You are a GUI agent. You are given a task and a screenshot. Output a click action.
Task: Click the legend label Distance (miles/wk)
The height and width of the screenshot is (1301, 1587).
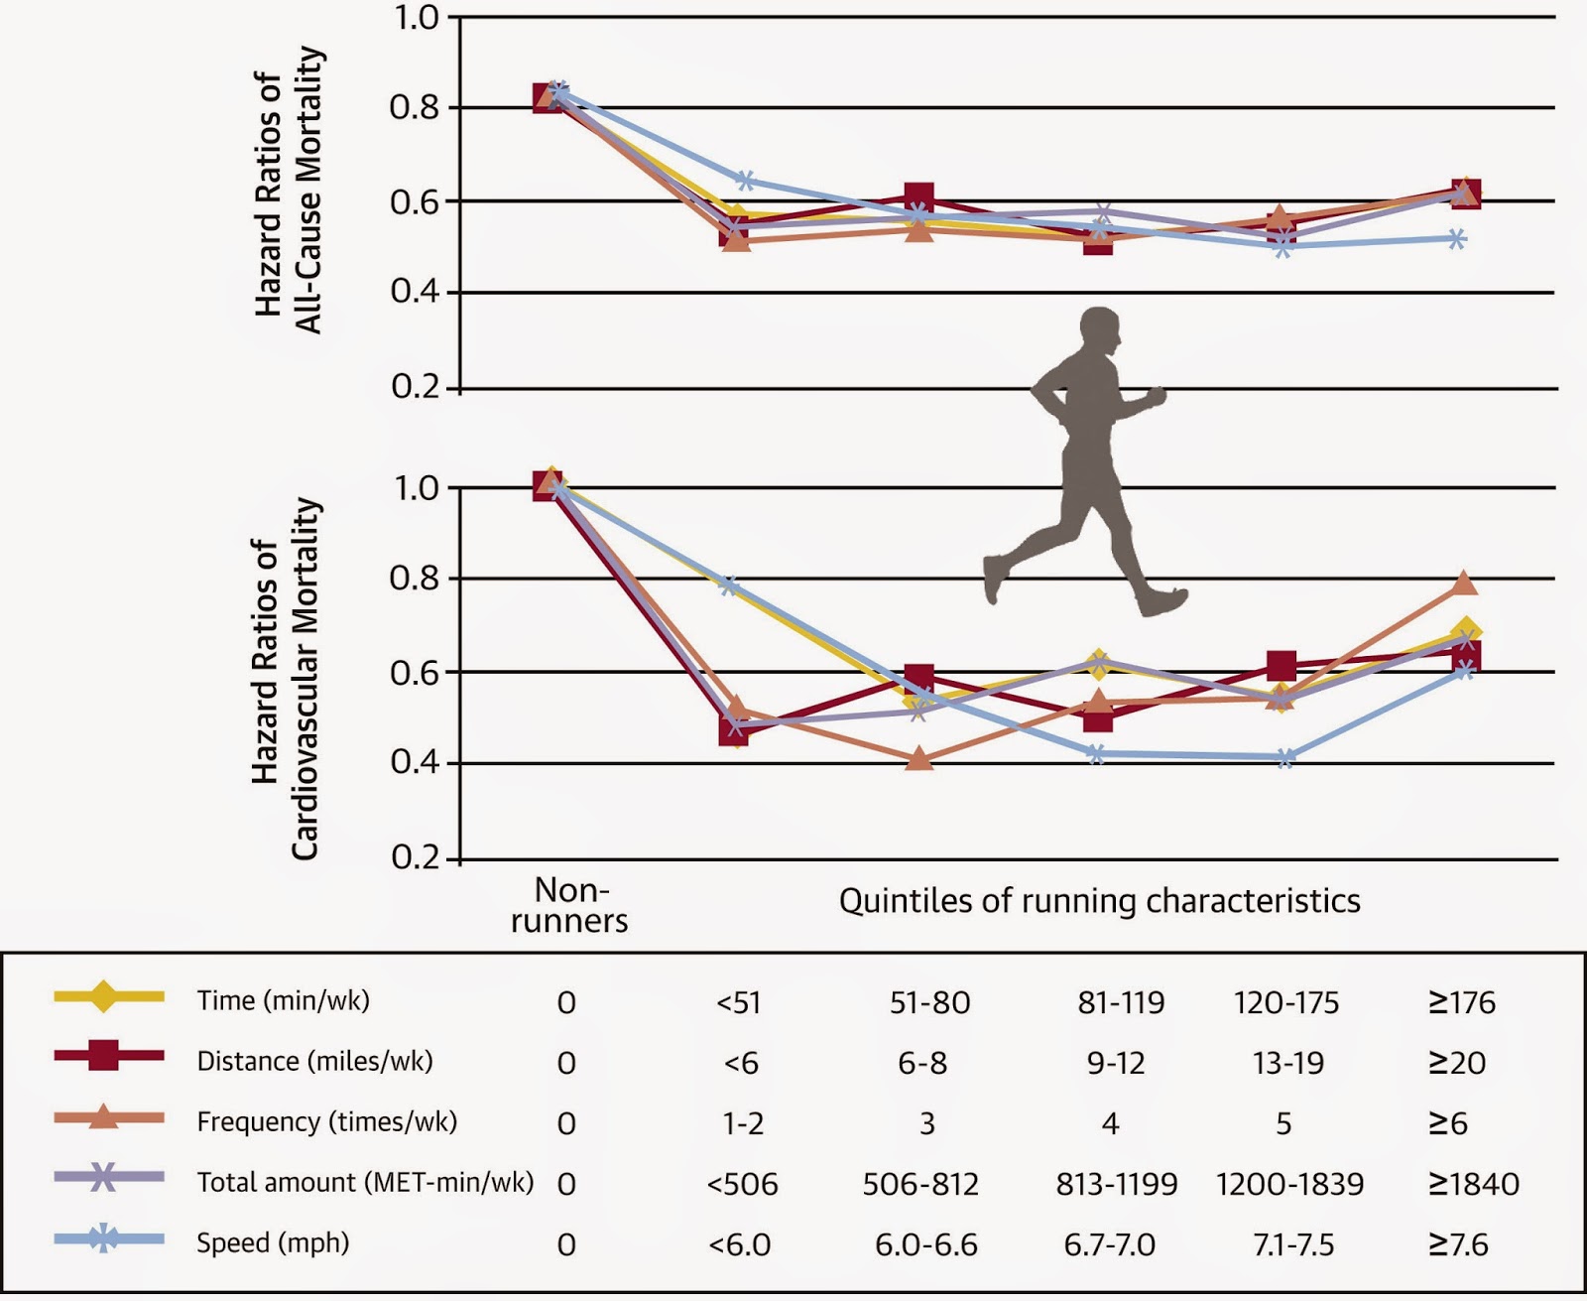point(314,1061)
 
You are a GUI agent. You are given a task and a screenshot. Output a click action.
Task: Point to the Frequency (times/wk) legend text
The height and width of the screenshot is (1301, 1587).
point(326,1121)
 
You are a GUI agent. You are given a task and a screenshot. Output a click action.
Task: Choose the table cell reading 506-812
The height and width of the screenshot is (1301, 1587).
point(920,1184)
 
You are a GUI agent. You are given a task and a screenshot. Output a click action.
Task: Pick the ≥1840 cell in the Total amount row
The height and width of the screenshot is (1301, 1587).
point(1473,1184)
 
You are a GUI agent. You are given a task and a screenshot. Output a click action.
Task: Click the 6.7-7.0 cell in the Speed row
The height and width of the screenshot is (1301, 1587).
point(1109,1244)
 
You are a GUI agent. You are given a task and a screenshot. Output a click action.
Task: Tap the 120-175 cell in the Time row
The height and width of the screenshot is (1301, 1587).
point(1286,1002)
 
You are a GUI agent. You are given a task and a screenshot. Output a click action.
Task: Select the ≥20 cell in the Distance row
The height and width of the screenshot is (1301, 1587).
point(1456,1063)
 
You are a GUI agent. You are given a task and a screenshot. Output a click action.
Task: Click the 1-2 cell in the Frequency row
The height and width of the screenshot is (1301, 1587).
point(743,1123)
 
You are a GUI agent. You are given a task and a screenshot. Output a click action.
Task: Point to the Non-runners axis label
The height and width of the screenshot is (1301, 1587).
point(569,904)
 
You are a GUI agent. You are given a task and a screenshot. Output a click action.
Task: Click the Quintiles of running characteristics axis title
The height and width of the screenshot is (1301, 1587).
point(1099,900)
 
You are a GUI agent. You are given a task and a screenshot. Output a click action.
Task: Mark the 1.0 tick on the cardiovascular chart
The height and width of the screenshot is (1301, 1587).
point(416,488)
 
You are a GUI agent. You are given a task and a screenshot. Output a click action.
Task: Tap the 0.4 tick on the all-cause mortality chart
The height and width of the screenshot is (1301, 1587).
point(416,292)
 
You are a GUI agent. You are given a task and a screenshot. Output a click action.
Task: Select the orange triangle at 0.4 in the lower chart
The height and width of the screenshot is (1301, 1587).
point(918,759)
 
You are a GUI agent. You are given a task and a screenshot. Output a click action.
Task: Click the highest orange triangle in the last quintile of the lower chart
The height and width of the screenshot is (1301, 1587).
point(1465,584)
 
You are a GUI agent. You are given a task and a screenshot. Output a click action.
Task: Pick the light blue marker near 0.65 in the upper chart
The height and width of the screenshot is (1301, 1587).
point(745,181)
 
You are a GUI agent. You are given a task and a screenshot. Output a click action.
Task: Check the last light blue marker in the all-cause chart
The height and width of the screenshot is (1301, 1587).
point(1456,239)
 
